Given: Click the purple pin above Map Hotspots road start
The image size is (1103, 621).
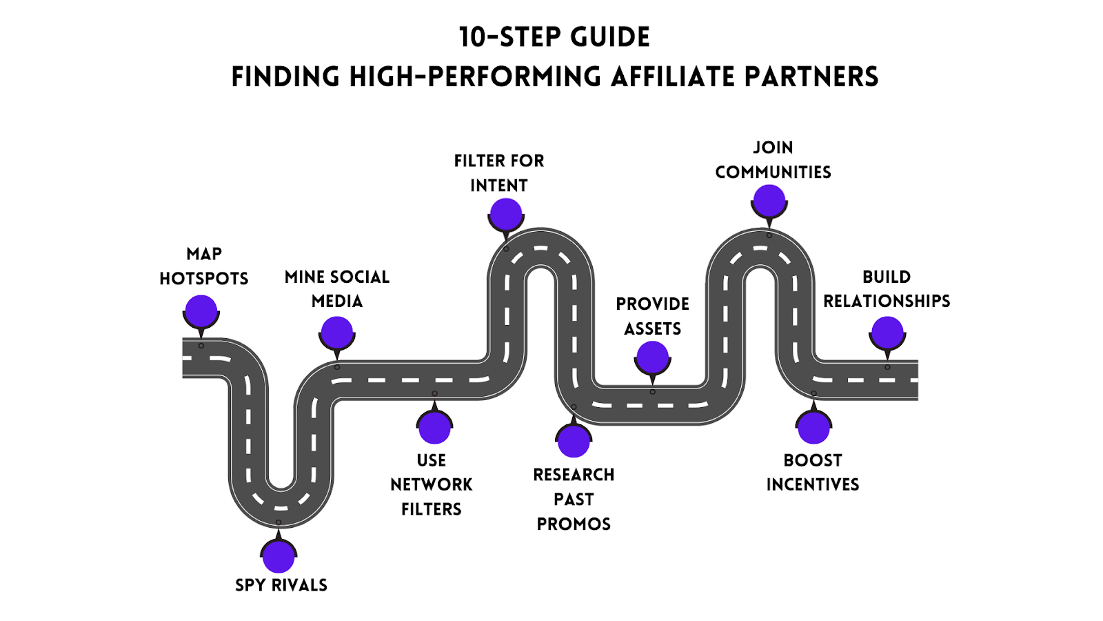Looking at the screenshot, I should point(201,311).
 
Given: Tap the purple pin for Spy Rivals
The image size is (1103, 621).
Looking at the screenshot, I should point(279,556).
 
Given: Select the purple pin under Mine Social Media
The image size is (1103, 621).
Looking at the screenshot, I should point(337,333).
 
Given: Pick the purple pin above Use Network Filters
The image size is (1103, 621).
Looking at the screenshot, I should point(434,427).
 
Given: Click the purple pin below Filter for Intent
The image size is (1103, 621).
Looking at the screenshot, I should point(506,215).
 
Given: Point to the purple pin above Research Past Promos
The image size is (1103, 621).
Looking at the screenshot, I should point(574,441).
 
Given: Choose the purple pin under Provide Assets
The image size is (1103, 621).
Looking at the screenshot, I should point(652,357).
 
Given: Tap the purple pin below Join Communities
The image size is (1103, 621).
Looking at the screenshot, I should point(769,201).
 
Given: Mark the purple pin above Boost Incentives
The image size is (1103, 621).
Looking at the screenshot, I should point(813,427).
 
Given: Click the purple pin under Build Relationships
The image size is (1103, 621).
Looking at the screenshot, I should point(887,333).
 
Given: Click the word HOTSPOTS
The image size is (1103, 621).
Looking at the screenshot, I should point(204,279).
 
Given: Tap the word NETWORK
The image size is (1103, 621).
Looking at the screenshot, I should point(432,485).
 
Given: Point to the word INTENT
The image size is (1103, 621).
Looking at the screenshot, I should point(499,186).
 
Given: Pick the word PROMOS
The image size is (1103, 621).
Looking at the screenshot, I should point(574,524).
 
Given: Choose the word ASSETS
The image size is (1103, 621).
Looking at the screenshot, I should point(652,328).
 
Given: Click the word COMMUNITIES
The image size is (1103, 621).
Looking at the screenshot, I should point(773,172).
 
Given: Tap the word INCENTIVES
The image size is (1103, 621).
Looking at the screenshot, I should point(813,485).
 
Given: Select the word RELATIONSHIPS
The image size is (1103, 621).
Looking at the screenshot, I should point(887,302).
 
